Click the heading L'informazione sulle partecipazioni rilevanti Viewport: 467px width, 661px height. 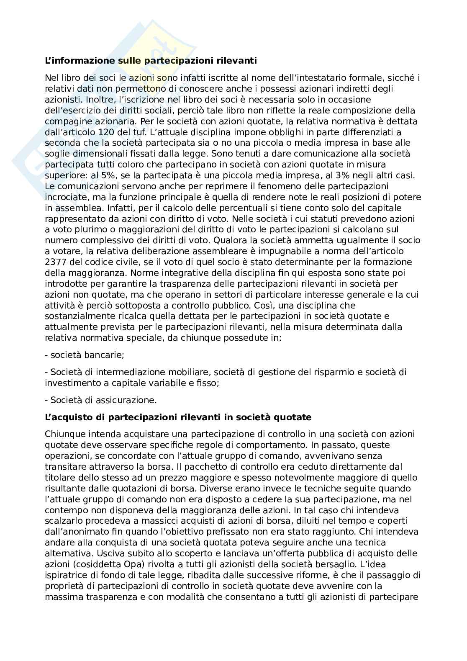click(151, 61)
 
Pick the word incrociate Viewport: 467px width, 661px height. click(63, 197)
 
